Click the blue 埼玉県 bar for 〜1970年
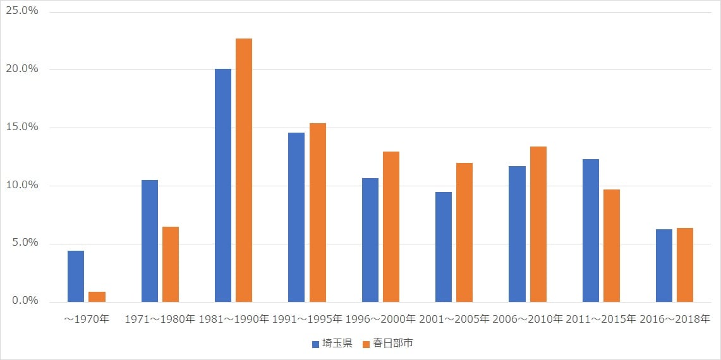pos(76,276)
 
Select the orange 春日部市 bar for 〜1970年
pos(97,297)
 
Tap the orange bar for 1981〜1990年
pos(244,170)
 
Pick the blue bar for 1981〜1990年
pos(223,185)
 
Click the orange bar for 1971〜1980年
pos(171,264)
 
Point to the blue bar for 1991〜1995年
pos(296,217)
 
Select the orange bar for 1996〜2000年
pos(391,227)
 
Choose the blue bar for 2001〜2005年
pos(444,247)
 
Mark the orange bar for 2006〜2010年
pos(538,224)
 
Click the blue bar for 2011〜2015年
pos(591,231)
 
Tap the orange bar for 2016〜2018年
pos(685,265)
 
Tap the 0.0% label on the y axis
pos(25,301)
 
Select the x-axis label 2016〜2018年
pos(674,319)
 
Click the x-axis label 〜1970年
pos(87,319)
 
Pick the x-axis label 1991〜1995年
pos(307,319)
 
